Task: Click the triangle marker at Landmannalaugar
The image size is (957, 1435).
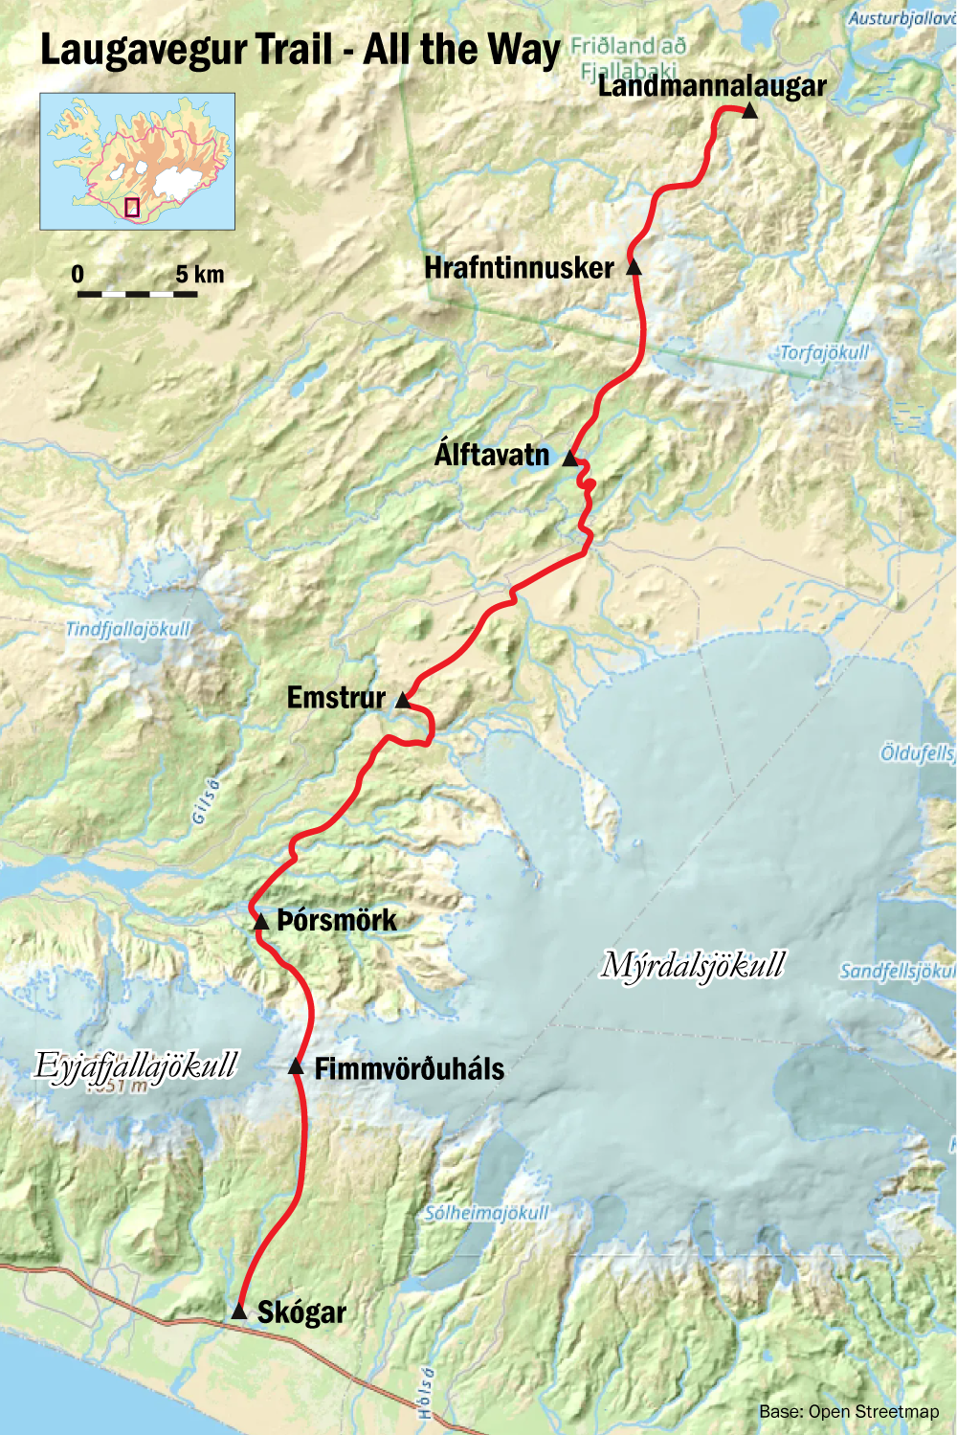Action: pos(749,112)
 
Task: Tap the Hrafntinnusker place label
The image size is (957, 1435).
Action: pos(519,268)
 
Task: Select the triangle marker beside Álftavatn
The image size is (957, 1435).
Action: pos(570,459)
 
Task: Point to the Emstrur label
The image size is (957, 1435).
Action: pos(336,698)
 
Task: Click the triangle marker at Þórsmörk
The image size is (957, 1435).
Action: pos(260,922)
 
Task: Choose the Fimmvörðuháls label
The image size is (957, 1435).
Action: pos(409,1068)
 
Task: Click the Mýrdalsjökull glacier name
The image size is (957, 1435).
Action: pos(693,965)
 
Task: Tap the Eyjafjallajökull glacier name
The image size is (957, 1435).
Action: pos(135,1065)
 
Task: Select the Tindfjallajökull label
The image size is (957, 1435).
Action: pos(128,629)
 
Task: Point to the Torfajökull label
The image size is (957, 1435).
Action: pos(824,352)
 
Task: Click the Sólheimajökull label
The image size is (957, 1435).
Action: pos(487,1213)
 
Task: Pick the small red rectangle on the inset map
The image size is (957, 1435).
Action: pos(132,207)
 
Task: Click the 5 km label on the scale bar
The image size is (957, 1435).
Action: pos(200,275)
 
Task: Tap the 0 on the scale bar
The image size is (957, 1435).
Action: pos(78,275)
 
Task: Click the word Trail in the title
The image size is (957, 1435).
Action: pos(294,50)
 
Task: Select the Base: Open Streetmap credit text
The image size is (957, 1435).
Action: pos(849,1411)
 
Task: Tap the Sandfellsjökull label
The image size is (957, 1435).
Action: pos(898,971)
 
